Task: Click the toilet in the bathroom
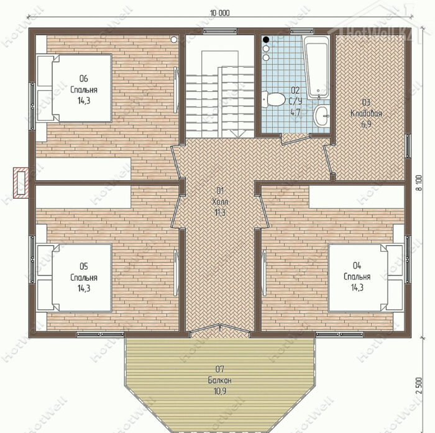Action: click(x=273, y=99)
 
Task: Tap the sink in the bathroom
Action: click(x=321, y=116)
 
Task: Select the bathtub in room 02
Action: click(x=316, y=67)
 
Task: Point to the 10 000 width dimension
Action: click(x=219, y=13)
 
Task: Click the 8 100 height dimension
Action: click(x=419, y=183)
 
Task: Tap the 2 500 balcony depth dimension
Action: click(x=419, y=385)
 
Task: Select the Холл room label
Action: click(x=220, y=202)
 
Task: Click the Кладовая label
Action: click(x=366, y=114)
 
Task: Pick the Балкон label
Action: click(x=220, y=380)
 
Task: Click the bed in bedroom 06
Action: click(x=75, y=88)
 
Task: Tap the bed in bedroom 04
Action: click(x=365, y=278)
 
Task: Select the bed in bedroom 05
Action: click(x=75, y=278)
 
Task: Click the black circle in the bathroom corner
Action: click(x=266, y=40)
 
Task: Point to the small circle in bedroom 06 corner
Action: click(x=174, y=40)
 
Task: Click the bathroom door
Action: click(x=295, y=140)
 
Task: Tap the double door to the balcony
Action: click(x=219, y=328)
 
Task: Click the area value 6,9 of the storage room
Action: click(x=366, y=124)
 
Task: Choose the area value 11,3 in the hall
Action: click(x=220, y=212)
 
